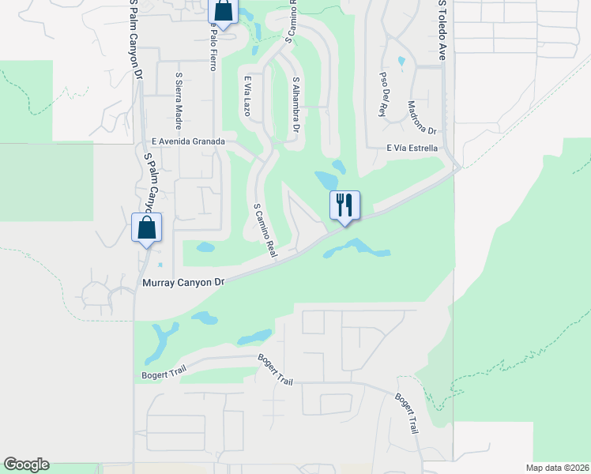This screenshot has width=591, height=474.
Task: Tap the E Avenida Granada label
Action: pyautogui.click(x=189, y=141)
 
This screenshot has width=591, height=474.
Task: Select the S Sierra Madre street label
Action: pyautogui.click(x=179, y=101)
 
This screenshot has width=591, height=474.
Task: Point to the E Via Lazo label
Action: pyautogui.click(x=247, y=96)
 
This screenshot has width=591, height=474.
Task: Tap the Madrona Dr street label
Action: pyautogui.click(x=422, y=116)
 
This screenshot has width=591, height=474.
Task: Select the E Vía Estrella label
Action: pyautogui.click(x=412, y=148)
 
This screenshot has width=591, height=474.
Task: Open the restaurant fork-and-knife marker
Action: pyautogui.click(x=344, y=205)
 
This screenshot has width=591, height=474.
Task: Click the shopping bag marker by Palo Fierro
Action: pyautogui.click(x=223, y=13)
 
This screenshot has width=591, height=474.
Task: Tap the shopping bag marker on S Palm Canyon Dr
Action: pyautogui.click(x=146, y=228)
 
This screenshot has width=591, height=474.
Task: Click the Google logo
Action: pyautogui.click(x=26, y=465)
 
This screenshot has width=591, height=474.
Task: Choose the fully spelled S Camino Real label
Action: pyautogui.click(x=264, y=230)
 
